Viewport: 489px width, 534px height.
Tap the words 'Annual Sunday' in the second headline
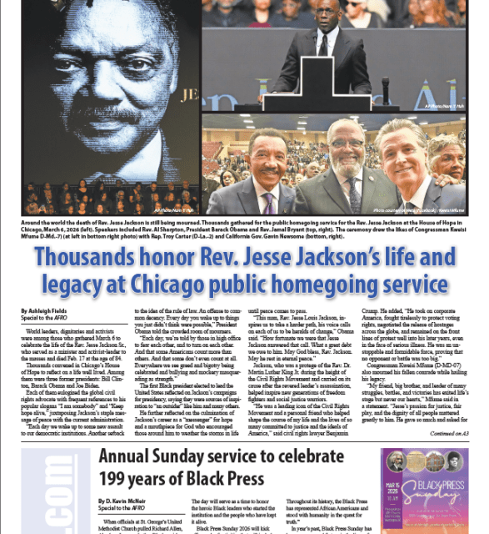pos(151,457)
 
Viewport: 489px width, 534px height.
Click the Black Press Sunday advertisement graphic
pos(425,492)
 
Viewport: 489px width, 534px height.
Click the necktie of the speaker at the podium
pos(322,43)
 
